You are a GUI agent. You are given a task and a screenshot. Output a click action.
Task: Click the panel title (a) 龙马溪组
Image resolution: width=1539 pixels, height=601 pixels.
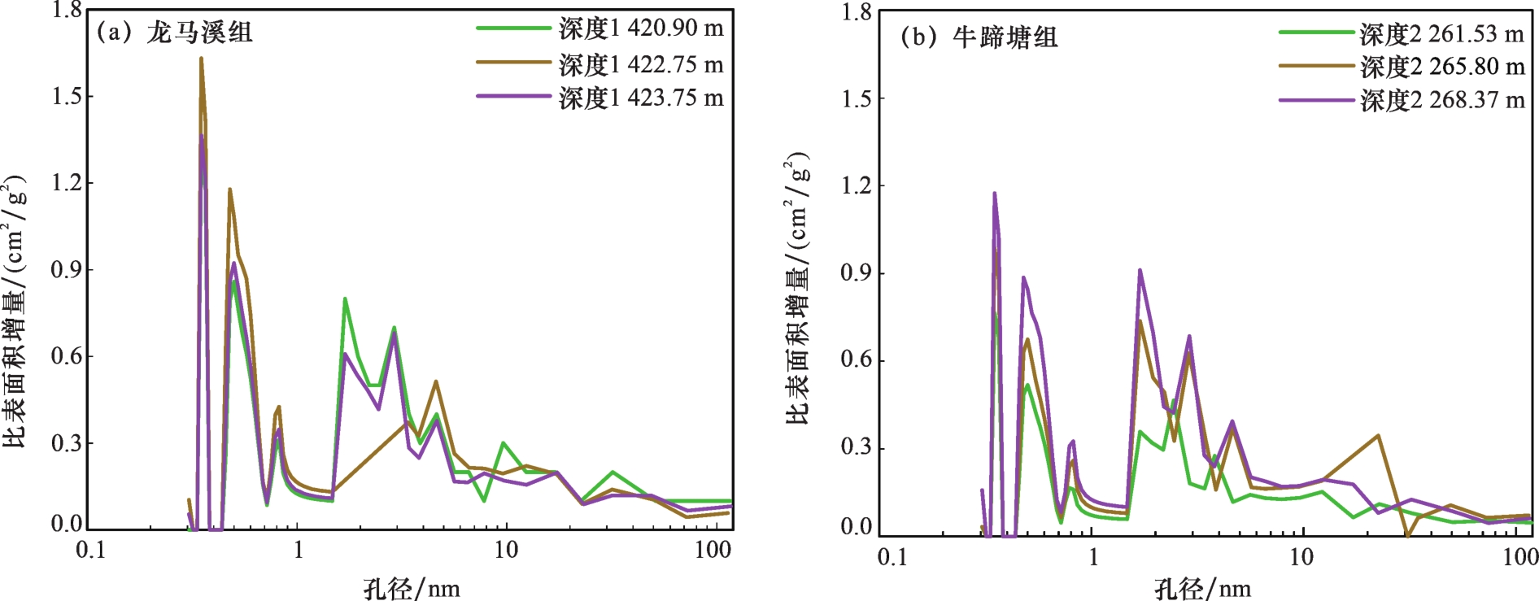point(175,33)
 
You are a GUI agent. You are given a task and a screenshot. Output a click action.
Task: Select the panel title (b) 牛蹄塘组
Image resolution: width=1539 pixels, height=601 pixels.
point(979,37)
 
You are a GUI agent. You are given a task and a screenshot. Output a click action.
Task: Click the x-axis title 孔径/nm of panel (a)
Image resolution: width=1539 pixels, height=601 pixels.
point(412,588)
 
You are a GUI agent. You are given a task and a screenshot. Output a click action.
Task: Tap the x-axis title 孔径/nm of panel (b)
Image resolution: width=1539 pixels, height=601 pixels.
point(1203,588)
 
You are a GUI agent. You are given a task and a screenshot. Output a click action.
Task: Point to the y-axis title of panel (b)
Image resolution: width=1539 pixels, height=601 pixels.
point(798,289)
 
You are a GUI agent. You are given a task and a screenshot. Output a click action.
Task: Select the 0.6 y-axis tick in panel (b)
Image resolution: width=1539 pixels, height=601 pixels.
point(857,359)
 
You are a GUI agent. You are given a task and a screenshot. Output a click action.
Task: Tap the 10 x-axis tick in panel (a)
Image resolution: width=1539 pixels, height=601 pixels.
point(506,551)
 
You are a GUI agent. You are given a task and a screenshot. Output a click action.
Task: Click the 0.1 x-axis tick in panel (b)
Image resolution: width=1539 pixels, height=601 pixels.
point(892,556)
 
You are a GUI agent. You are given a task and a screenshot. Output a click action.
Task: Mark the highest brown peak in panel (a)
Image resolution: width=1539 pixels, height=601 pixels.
point(201,59)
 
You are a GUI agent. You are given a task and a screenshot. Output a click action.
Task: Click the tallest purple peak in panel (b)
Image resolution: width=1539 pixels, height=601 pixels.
point(994,194)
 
